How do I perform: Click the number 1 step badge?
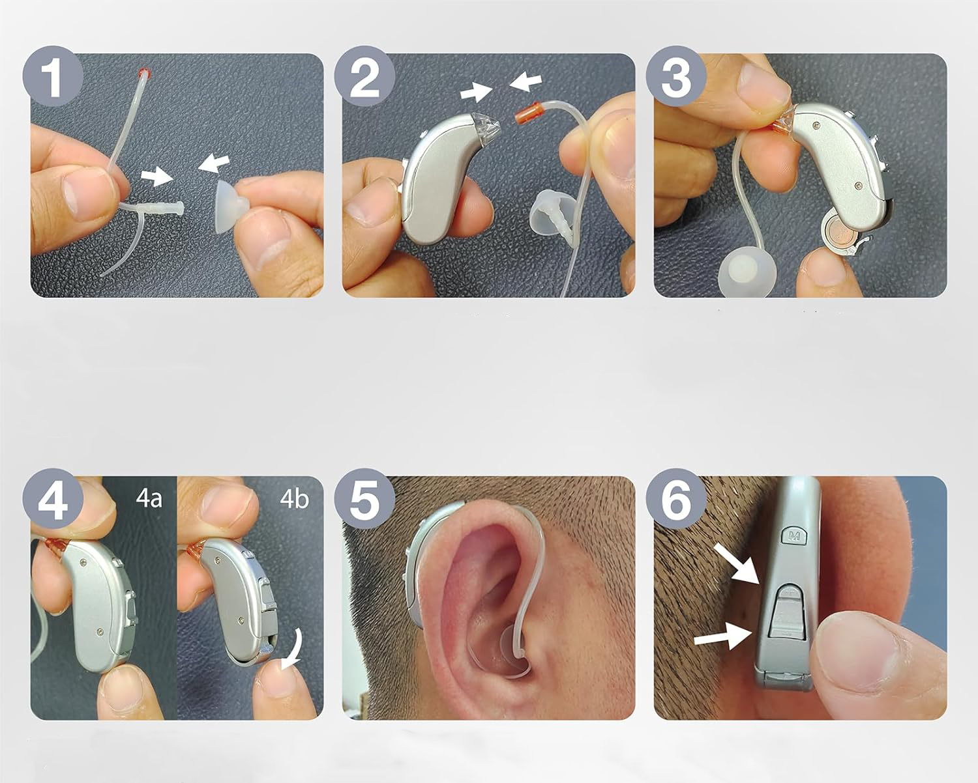(x=53, y=76)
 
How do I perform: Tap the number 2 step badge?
(x=364, y=76)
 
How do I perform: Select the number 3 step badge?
(x=676, y=76)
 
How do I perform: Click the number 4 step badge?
(x=53, y=499)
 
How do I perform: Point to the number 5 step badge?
(x=364, y=499)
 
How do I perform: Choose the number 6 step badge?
(x=676, y=499)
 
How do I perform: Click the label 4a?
(x=149, y=498)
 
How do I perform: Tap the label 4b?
(x=294, y=498)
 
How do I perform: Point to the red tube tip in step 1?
(x=144, y=72)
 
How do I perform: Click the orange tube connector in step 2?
(x=527, y=113)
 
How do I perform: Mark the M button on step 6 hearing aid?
(x=793, y=535)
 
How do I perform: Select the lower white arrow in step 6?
(x=722, y=636)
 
